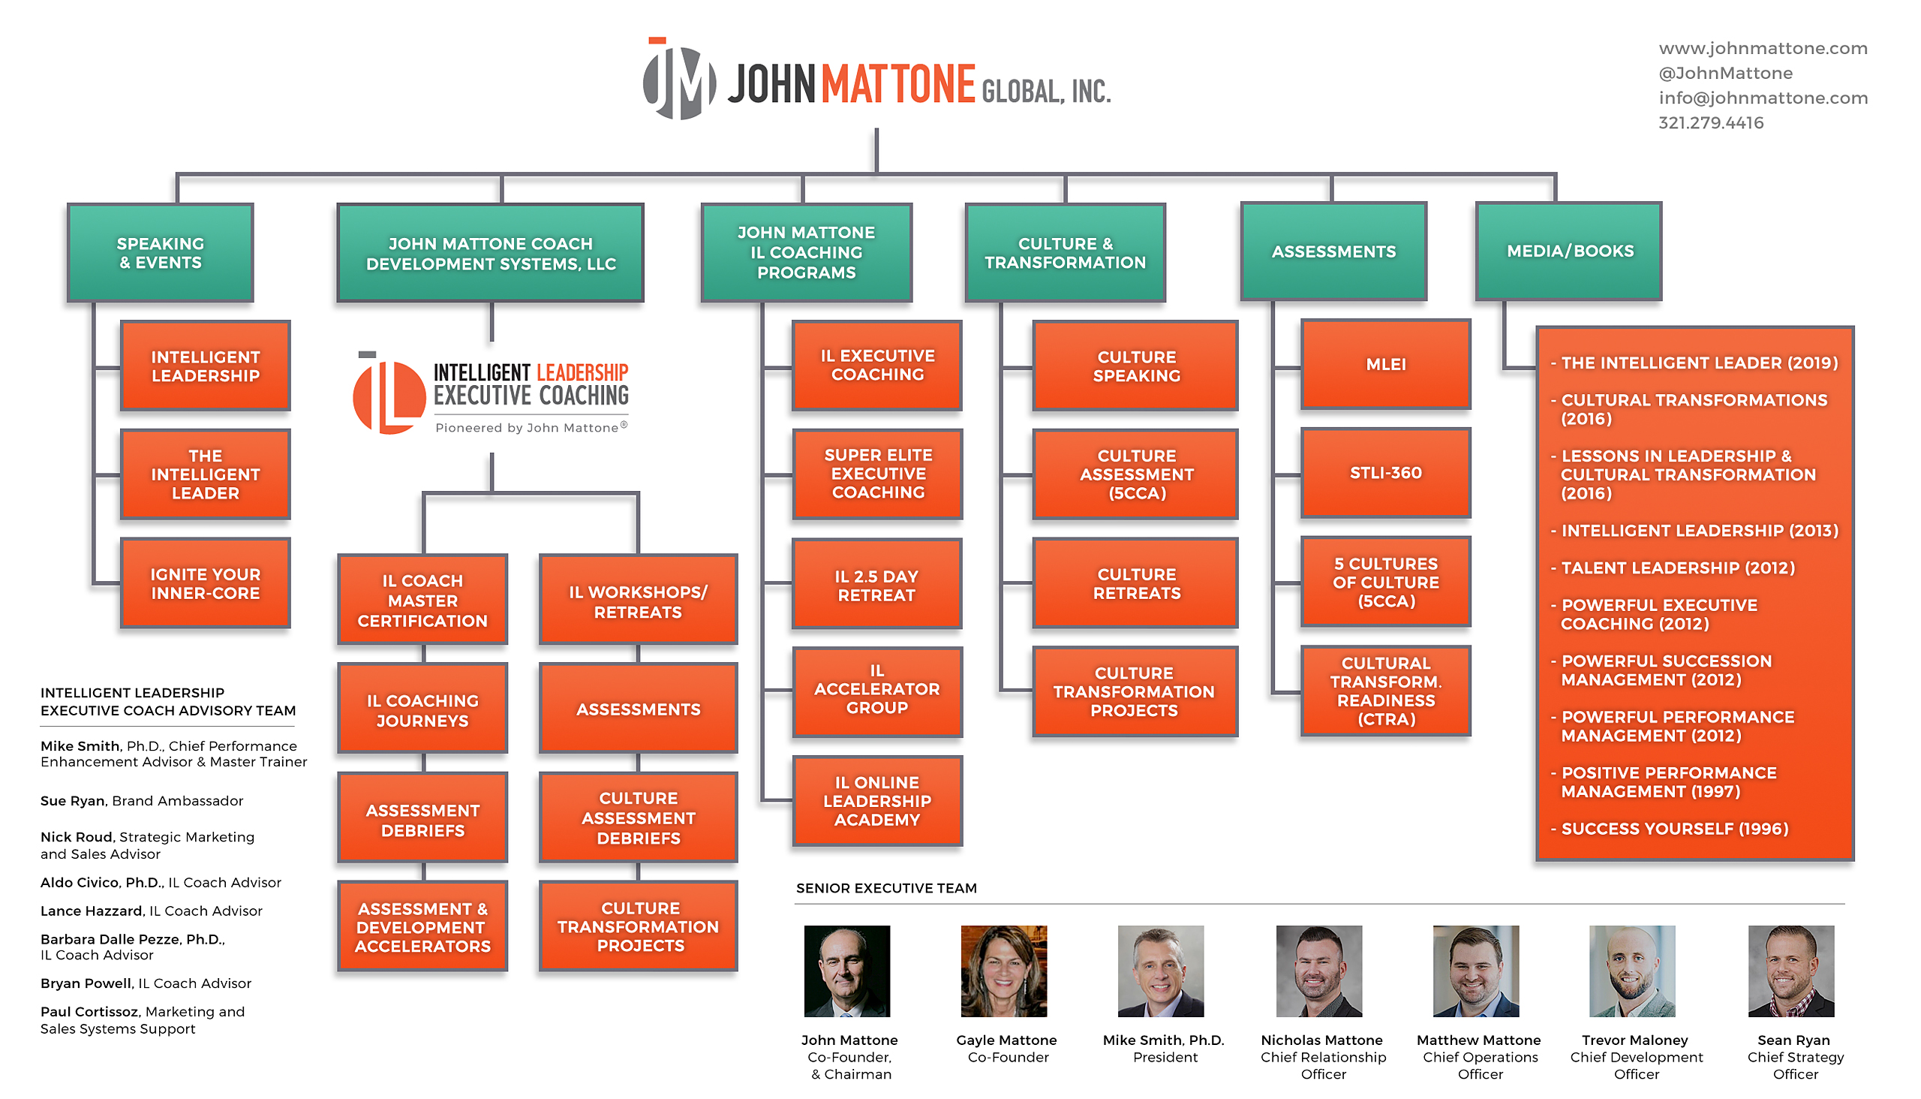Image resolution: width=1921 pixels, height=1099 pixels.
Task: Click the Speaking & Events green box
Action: click(x=161, y=253)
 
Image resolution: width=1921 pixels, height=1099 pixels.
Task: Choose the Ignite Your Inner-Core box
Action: click(x=205, y=583)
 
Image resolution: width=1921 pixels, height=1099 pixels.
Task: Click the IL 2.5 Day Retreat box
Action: click(x=876, y=585)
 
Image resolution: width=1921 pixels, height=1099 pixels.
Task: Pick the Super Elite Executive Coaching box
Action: click(x=876, y=474)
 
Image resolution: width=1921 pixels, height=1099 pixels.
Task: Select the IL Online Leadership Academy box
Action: click(x=876, y=801)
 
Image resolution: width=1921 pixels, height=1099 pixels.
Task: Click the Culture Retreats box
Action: click(x=1135, y=583)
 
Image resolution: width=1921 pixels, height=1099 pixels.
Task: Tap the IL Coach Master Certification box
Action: click(x=422, y=600)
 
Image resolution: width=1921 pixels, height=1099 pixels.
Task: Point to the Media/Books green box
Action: click(x=1568, y=251)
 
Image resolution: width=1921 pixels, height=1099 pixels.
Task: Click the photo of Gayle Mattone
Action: click(x=1004, y=971)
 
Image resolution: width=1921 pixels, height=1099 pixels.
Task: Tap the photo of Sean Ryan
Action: click(x=1791, y=971)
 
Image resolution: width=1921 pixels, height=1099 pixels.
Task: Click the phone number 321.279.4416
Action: click(x=1710, y=123)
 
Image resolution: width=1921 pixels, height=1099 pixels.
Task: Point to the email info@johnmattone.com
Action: click(x=1763, y=98)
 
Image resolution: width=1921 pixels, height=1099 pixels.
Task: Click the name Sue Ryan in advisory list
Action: click(x=73, y=801)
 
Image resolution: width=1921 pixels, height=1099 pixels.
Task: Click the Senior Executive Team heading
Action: click(x=885, y=888)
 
